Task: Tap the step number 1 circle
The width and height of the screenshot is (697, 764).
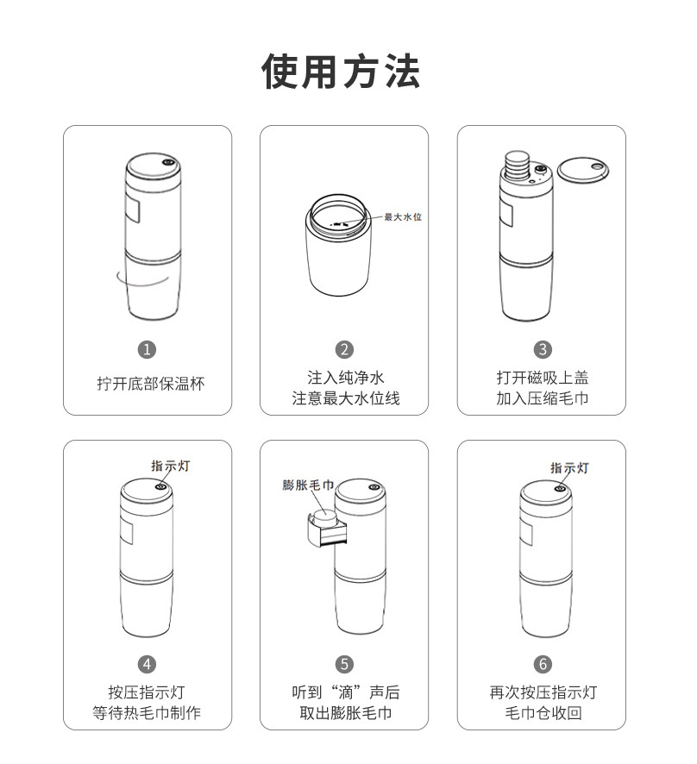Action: point(148,349)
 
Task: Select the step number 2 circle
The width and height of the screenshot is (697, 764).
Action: point(344,349)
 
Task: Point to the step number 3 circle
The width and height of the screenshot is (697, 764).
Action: point(542,349)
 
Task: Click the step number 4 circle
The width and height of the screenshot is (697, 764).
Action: point(148,664)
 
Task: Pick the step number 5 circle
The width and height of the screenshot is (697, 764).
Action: point(344,664)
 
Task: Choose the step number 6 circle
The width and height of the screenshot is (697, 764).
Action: point(542,664)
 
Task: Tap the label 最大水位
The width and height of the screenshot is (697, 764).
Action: point(403,216)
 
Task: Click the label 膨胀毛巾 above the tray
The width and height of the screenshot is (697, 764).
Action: point(308,485)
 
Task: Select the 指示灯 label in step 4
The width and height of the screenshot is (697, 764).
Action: point(171,466)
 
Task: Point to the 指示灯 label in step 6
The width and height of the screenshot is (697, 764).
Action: point(569,467)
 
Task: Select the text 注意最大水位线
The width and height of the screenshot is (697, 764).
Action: point(344,399)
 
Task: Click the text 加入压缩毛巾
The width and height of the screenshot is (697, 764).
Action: point(542,399)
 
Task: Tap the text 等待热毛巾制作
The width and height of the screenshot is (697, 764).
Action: point(148,714)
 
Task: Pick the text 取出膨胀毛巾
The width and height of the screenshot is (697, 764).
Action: point(344,714)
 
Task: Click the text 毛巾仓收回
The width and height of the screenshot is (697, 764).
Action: point(542,714)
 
